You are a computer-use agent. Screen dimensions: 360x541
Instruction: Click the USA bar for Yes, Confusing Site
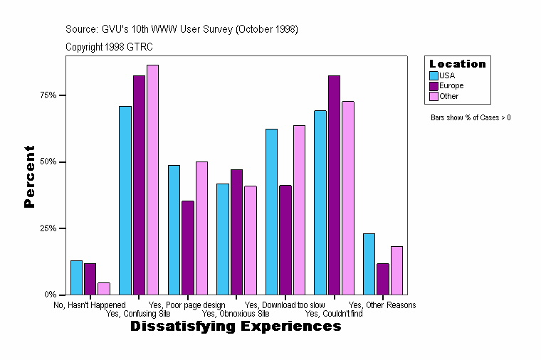point(125,200)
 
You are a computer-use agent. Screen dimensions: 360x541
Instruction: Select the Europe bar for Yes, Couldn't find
point(334,185)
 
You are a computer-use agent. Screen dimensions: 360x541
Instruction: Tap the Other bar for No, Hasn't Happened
point(104,288)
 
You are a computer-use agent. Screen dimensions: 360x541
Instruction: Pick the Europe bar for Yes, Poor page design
point(188,248)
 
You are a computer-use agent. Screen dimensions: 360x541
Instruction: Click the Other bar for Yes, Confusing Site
point(152,179)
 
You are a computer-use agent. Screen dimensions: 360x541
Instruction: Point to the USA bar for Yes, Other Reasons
point(369,264)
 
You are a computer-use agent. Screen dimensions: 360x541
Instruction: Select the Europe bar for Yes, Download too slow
point(285,240)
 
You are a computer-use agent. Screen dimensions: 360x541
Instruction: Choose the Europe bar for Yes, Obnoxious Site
point(237,232)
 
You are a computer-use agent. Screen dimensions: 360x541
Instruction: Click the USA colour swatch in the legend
point(434,75)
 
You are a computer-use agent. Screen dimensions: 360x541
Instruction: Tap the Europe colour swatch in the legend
point(434,85)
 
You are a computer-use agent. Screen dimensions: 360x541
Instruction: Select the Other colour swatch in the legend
point(434,96)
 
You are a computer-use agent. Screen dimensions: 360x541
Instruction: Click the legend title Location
point(457,64)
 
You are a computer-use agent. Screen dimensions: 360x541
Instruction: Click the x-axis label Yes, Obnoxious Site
point(236,313)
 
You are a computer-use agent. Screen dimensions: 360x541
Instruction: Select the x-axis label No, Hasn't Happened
point(90,305)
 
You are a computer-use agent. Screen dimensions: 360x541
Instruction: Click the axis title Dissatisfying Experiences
point(236,327)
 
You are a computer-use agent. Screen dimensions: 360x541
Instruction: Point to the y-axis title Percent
point(29,176)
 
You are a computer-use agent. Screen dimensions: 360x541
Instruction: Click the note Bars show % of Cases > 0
point(471,117)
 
